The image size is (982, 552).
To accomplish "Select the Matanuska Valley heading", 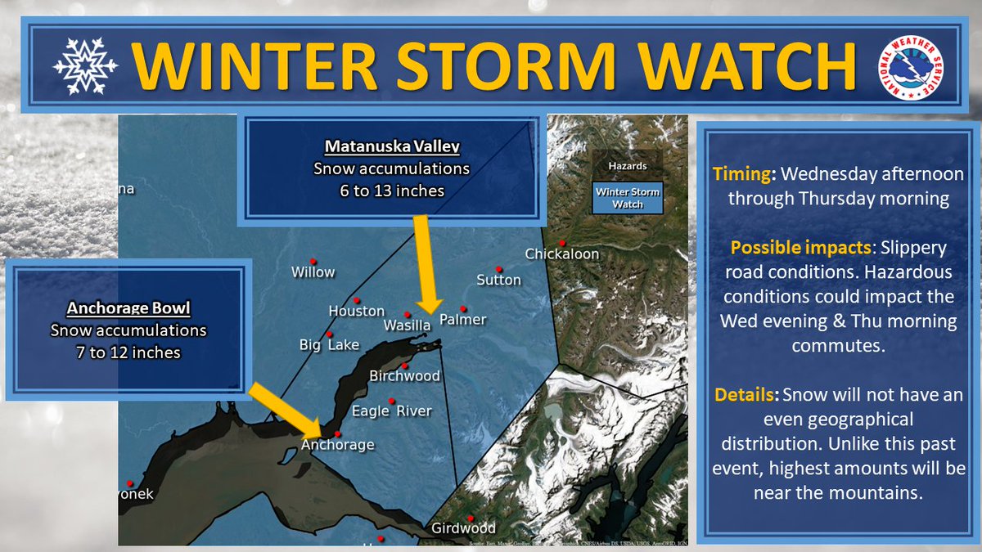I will click(x=392, y=148).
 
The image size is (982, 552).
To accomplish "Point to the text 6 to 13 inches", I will click(x=392, y=191).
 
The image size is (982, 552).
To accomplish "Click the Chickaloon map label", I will click(x=562, y=254).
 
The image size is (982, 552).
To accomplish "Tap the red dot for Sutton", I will click(x=498, y=268).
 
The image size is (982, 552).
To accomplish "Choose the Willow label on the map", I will click(x=313, y=272).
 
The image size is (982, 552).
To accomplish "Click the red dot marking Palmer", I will click(x=463, y=308).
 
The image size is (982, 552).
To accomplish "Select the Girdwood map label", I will click(x=463, y=528).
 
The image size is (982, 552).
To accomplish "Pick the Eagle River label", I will click(x=391, y=411).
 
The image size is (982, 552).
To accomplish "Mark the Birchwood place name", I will click(x=405, y=376).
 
